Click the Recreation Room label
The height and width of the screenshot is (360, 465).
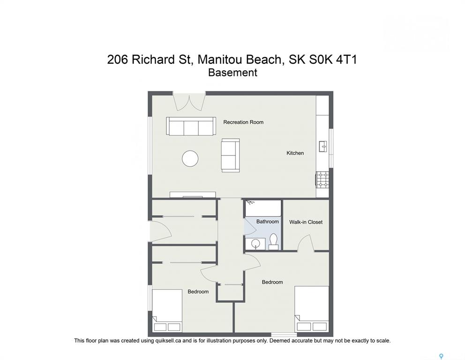[243, 122]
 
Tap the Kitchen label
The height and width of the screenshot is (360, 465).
[295, 153]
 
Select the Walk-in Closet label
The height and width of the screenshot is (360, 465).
[306, 222]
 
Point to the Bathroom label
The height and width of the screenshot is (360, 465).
[268, 222]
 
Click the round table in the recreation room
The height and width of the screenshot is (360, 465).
[190, 158]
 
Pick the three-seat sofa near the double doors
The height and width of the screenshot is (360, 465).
[191, 126]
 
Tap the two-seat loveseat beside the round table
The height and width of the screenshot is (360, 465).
[230, 155]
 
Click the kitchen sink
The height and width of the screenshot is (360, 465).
[322, 147]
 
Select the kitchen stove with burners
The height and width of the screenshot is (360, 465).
[322, 180]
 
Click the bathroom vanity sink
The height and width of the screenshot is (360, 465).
[255, 244]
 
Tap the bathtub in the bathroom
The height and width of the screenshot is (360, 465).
[263, 208]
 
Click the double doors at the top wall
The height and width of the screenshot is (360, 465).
[189, 102]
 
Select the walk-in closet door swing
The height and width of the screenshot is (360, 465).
[306, 243]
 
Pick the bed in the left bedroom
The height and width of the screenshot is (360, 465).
[167, 310]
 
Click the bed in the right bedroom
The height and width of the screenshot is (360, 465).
[312, 309]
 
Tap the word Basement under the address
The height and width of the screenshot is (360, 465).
[232, 73]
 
